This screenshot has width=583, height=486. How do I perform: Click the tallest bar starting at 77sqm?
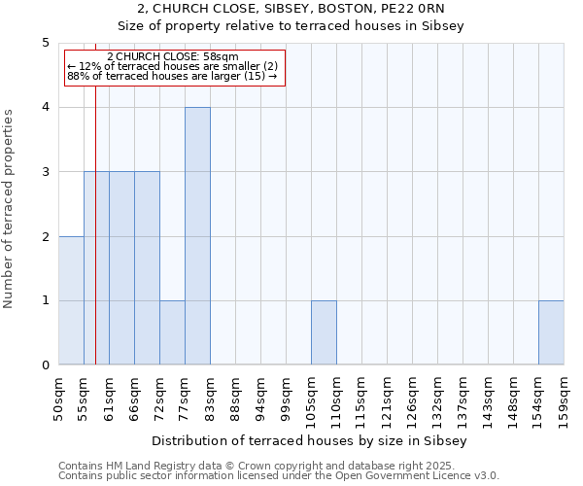(x=197, y=236)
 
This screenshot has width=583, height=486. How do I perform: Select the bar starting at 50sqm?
(x=71, y=300)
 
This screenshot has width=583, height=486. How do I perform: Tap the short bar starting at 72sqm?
(x=172, y=332)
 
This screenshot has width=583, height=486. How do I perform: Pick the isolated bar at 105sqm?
(x=324, y=332)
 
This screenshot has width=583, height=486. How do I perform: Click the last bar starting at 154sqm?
(x=551, y=332)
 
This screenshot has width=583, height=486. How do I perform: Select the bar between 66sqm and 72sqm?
(x=147, y=268)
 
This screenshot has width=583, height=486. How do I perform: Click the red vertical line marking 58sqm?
(x=96, y=243)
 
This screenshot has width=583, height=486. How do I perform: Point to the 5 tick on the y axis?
(x=45, y=43)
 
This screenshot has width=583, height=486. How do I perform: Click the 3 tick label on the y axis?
(x=45, y=172)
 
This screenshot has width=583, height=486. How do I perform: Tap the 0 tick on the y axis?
(x=45, y=365)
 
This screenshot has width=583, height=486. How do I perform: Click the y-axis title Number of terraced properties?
(x=10, y=209)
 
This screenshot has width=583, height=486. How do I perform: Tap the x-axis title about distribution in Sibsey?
(x=310, y=441)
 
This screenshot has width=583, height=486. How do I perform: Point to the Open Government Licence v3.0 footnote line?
(x=279, y=476)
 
